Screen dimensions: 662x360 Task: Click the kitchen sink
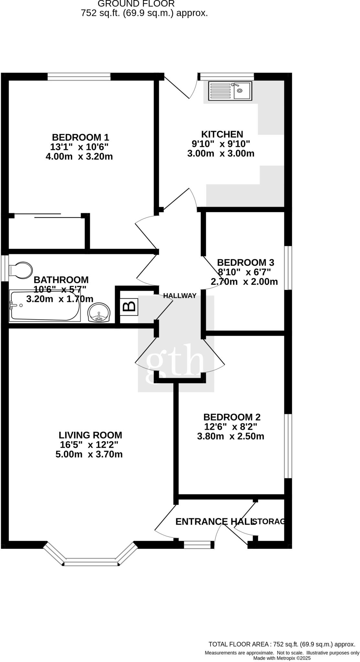click(230, 91)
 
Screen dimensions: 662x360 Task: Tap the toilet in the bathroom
click(21, 270)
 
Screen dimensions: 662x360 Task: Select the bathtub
click(45, 306)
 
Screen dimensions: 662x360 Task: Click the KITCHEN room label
click(222, 134)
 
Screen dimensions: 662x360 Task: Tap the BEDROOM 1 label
click(81, 137)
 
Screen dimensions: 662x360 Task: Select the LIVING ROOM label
click(91, 435)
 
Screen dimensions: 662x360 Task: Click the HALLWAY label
click(180, 295)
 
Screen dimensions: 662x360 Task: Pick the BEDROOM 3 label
click(245, 262)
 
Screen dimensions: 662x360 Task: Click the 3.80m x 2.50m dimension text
click(231, 436)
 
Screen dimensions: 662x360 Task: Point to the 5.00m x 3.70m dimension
click(89, 454)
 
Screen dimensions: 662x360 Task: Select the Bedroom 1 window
click(79, 76)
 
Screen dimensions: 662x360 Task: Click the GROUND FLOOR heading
click(136, 4)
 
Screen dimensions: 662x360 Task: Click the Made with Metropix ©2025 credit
click(282, 658)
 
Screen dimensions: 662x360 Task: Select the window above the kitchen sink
click(226, 76)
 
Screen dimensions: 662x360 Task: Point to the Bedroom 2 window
click(288, 446)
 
